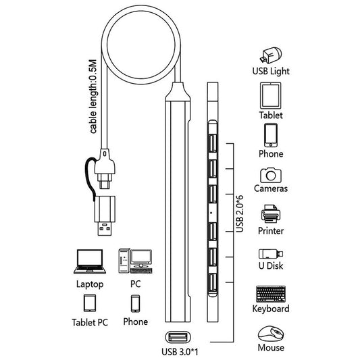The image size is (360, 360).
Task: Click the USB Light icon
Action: point(271,55)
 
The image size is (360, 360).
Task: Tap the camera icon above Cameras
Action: point(271,175)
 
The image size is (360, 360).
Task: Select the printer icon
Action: point(271,213)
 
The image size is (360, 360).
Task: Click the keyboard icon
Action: point(271,294)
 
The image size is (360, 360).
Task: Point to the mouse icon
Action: point(271,334)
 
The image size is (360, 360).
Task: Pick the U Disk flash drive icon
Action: point(271,254)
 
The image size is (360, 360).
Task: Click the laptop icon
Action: point(90,261)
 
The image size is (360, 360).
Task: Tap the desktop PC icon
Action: point(135,261)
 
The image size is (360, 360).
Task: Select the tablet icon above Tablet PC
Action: point(90,303)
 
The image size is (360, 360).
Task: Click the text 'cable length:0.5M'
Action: point(93,97)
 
